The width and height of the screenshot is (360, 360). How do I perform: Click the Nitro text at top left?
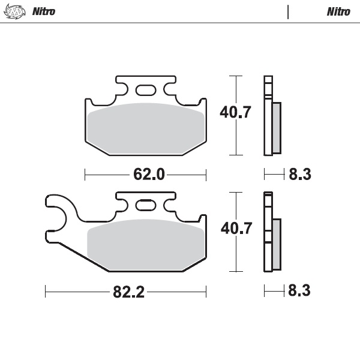pyautogui.click(x=43, y=12)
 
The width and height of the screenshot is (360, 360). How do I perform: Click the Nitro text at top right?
pyautogui.click(x=338, y=12)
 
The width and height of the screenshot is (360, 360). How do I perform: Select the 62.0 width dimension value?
pyautogui.click(x=148, y=175)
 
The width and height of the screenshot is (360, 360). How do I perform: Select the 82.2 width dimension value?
pyautogui.click(x=129, y=292)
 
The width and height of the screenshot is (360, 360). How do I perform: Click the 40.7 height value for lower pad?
pyautogui.click(x=235, y=229)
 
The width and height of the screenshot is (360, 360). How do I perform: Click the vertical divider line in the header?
pyautogui.click(x=289, y=12)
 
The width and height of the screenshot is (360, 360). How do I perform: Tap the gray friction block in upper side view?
pyautogui.click(x=276, y=127)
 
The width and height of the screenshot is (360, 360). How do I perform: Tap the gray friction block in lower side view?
pyautogui.click(x=276, y=244)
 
